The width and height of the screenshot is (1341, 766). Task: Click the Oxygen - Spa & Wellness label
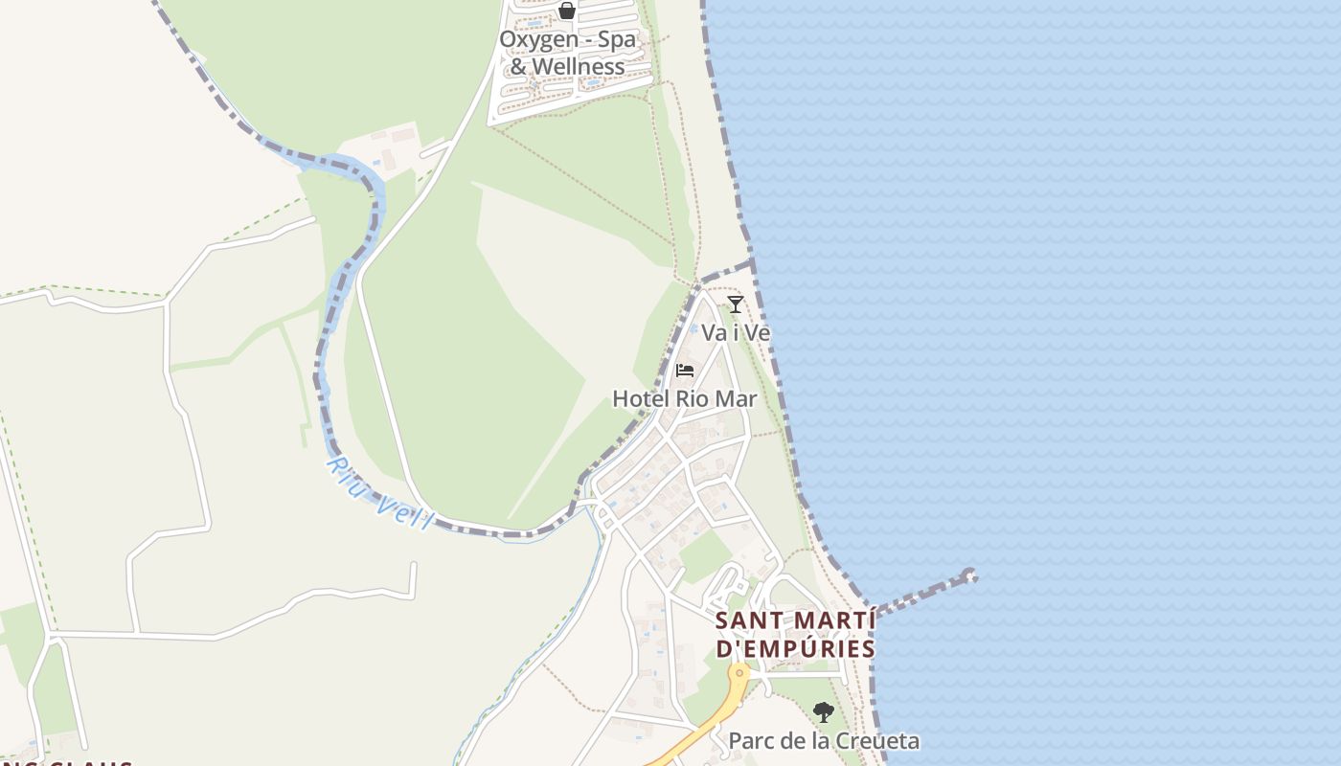[567, 54]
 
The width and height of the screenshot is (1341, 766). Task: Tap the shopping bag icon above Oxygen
[567, 11]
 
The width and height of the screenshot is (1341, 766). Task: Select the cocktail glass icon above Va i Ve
[736, 304]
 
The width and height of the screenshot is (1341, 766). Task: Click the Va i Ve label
[736, 333]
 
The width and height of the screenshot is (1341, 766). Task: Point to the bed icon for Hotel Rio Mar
[685, 371]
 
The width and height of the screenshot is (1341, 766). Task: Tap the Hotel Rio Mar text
[685, 399]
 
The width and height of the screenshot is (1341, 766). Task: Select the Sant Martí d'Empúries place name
[795, 634]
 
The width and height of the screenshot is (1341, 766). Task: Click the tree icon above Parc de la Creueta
[823, 712]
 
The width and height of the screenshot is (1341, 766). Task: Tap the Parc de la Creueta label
[824, 741]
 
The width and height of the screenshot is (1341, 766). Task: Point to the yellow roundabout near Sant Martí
[739, 673]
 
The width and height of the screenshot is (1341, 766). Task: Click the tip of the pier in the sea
[969, 575]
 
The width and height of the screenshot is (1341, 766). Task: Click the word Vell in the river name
[405, 511]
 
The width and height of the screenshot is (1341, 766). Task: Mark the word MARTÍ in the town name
[836, 620]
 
